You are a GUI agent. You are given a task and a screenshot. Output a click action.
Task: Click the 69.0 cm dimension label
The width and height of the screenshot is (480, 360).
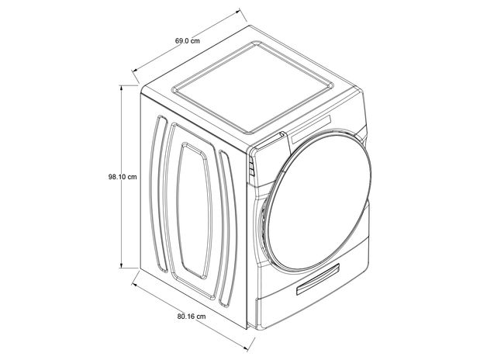(x=188, y=40)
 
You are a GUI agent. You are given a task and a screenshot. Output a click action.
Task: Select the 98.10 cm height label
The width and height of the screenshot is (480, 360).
(x=123, y=177)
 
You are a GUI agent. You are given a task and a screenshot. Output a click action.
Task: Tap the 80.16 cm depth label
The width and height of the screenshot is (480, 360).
(x=192, y=317)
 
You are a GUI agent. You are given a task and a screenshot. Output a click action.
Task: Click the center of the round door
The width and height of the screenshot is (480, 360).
(x=319, y=202)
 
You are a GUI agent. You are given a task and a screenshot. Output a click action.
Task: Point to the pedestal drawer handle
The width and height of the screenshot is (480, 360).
(x=318, y=279)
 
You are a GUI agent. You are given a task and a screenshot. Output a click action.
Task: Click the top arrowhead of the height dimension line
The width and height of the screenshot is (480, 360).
(x=122, y=88)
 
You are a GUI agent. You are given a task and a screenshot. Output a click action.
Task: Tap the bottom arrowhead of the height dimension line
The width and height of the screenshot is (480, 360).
(x=122, y=265)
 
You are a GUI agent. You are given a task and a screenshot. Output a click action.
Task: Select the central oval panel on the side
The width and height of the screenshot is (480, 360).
(x=195, y=211)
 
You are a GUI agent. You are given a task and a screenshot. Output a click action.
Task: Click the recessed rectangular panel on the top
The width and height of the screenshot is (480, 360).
(x=253, y=88)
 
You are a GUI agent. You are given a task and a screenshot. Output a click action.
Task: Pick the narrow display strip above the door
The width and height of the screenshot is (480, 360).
(x=312, y=130)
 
